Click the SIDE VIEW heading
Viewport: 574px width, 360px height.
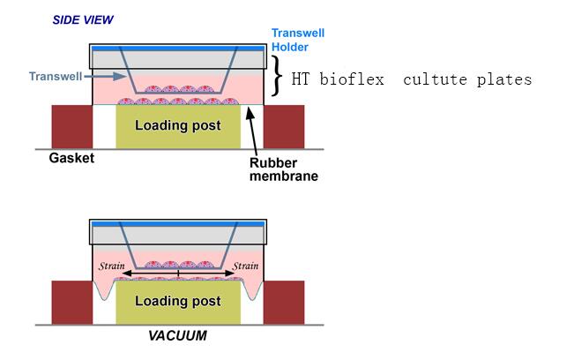pos(83,19)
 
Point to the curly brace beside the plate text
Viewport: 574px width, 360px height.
pos(278,75)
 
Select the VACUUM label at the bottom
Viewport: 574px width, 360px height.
pos(179,336)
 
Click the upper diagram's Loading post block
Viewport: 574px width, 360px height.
pos(178,125)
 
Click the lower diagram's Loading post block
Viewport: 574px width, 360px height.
pos(178,301)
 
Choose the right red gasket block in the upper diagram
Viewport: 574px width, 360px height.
pos(284,126)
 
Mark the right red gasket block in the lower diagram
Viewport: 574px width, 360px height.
pos(284,302)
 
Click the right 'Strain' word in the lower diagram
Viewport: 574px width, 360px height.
pos(244,266)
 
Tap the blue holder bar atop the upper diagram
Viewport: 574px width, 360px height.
pos(177,47)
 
